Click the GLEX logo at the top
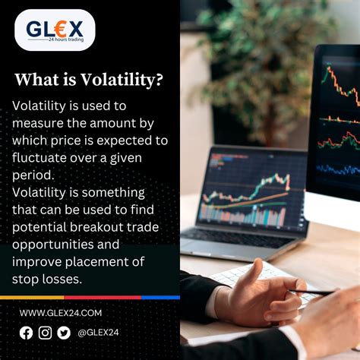(55, 30)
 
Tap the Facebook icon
(27, 332)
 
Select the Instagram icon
(45, 332)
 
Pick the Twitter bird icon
(63, 332)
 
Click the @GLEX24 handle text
(97, 332)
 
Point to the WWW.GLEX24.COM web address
(60, 313)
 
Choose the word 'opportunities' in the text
(54, 245)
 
